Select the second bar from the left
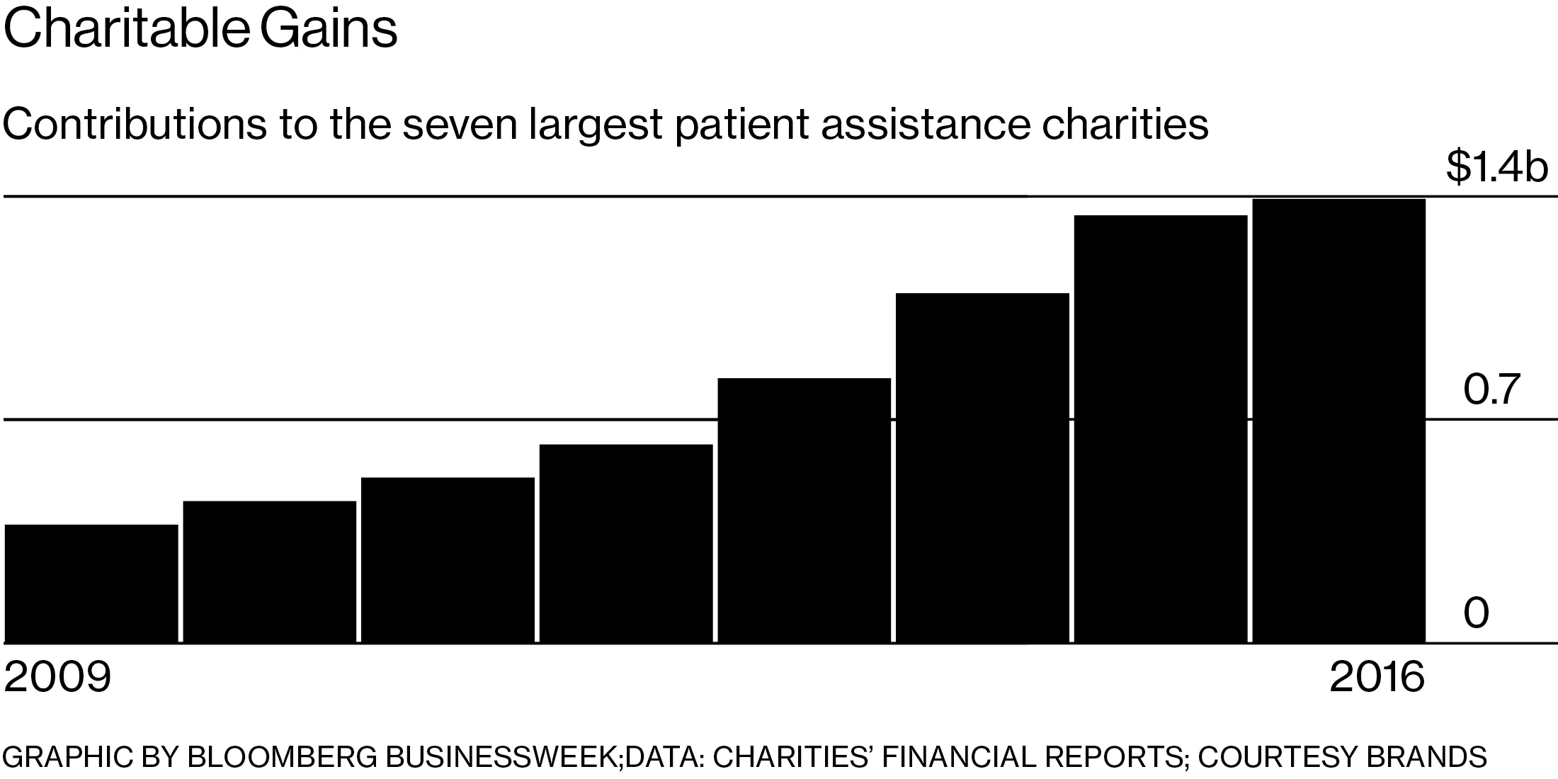click(269, 572)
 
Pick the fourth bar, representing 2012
click(626, 543)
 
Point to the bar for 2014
click(982, 467)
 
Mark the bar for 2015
click(1161, 428)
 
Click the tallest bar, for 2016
click(1339, 421)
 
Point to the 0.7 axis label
click(1492, 389)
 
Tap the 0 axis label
click(1477, 613)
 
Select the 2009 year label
click(58, 677)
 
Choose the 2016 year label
click(1377, 677)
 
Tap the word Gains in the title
click(329, 30)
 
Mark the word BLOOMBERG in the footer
click(283, 757)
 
